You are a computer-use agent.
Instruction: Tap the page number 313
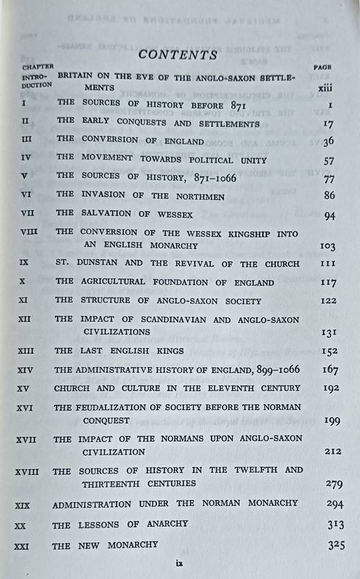tap(334, 525)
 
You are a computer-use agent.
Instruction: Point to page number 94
tap(329, 216)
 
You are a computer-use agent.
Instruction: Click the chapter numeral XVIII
tap(27, 472)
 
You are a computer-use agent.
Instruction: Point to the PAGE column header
tap(322, 67)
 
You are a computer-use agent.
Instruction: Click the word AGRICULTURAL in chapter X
tap(123, 282)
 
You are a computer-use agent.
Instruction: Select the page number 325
tap(336, 546)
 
